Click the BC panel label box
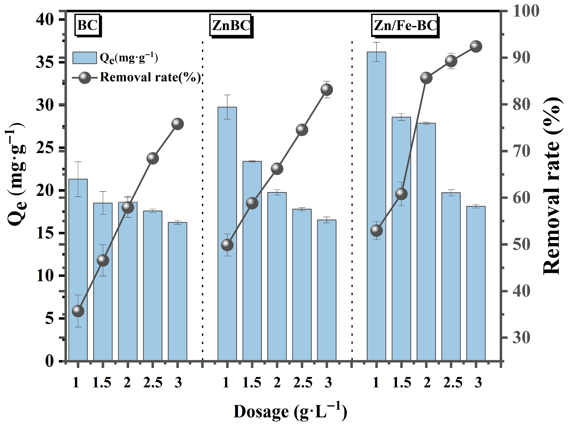pos(87,25)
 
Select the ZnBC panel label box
pos(231,25)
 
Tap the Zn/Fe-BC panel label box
pos(405,25)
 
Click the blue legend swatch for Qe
pos(84,58)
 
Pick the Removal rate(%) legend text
pos(150,77)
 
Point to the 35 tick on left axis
pos(45,62)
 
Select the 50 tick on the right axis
pos(521,245)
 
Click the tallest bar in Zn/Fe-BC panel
pos(376,205)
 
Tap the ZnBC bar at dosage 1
pos(227,232)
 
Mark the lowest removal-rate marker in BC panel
pos(78,311)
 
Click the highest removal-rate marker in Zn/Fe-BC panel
pos(476,46)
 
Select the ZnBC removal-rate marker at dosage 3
pos(327,89)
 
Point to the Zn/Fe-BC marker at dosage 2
pos(426,78)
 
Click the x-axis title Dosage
pos(290,411)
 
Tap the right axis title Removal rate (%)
pos(551,185)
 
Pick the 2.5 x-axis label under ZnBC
pos(303,382)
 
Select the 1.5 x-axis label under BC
pos(102,382)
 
